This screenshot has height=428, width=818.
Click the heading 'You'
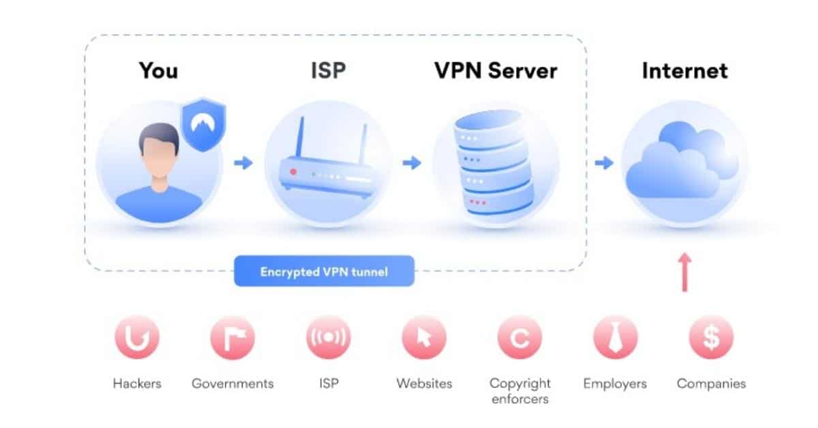click(158, 71)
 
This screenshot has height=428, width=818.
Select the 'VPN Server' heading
click(496, 71)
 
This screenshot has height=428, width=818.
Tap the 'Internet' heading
click(684, 71)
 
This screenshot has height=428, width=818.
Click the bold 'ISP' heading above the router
click(328, 71)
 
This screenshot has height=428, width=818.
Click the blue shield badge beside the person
click(202, 125)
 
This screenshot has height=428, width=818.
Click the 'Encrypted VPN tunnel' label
click(324, 271)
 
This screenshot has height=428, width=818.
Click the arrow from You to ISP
click(243, 163)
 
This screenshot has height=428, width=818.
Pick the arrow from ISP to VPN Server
click(411, 163)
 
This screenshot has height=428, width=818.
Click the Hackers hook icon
click(137, 337)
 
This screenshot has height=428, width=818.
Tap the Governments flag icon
click(232, 337)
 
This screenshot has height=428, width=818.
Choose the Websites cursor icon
click(424, 337)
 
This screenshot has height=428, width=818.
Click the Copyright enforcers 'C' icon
click(519, 337)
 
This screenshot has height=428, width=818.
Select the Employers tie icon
click(615, 337)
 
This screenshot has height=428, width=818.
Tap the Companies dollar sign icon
click(711, 337)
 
